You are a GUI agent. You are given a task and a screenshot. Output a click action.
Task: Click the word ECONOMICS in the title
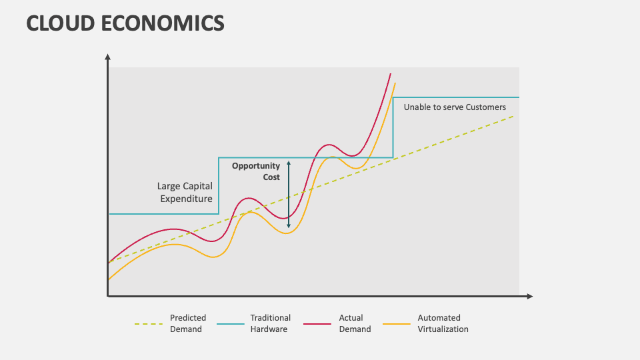pos(163,23)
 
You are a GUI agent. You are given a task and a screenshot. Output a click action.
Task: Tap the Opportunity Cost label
pos(256,171)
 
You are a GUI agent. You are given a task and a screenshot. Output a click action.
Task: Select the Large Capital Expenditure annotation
pos(185,193)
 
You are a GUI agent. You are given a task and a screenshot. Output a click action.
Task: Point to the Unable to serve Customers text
pos(455,107)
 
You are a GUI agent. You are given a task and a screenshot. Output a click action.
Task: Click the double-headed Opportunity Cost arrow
pos(289,194)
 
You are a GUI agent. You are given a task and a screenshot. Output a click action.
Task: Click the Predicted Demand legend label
pos(188,323)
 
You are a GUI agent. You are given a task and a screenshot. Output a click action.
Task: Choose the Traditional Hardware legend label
pos(270,323)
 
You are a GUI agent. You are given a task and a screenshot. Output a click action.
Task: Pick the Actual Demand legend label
pos(355,323)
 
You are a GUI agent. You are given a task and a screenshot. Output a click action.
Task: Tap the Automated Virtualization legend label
pos(443,323)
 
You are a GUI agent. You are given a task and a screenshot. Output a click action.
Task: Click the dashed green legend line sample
pos(148,324)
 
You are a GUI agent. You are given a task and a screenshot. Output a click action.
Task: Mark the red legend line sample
pos(317,324)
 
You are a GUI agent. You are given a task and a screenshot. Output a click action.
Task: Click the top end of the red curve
pos(390,74)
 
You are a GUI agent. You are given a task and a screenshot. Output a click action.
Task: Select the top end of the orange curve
pos(395,83)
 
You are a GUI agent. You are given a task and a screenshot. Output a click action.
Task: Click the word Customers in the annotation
pos(485,107)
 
